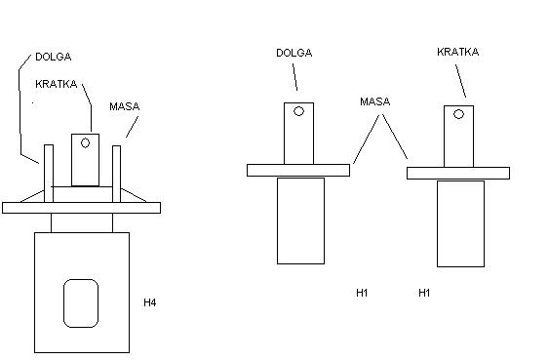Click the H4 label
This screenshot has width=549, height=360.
coord(150,302)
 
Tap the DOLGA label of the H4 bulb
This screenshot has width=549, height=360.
coord(54,57)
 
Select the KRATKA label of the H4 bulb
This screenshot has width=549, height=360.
coord(56,84)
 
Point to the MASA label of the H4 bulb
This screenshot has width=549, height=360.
coord(125,106)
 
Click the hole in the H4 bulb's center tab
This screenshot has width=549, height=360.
coord(85,142)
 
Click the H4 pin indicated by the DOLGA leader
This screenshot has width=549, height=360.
coord(49,174)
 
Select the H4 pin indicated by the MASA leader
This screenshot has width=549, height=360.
coord(117,174)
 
